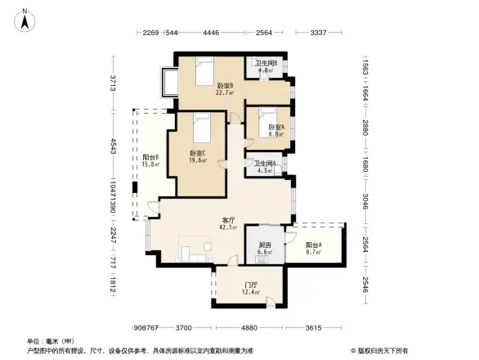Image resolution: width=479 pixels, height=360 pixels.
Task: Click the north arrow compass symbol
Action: coord(25,19)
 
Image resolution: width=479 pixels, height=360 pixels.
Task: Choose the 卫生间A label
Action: coord(264,166)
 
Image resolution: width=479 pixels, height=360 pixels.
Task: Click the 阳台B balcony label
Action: coord(150,160)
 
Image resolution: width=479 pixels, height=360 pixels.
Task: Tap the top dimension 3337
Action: coord(319,34)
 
